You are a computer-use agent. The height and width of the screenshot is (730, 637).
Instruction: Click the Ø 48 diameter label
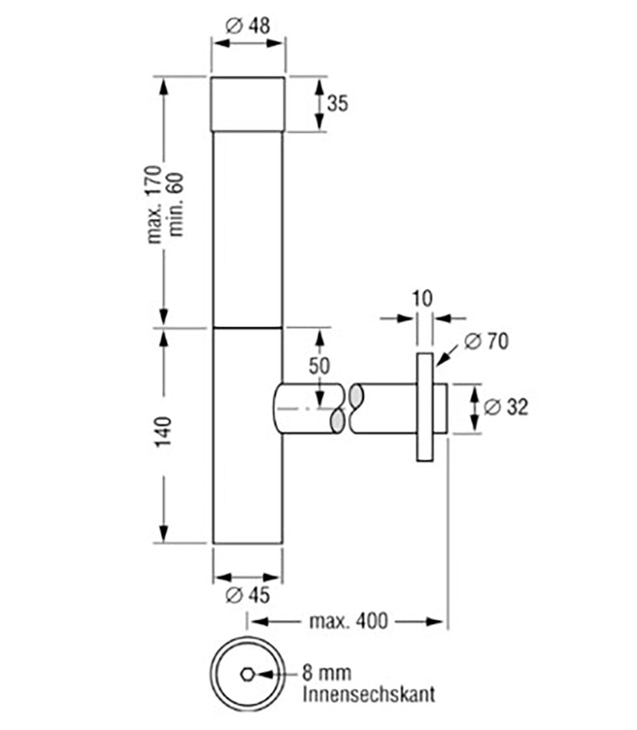click(x=248, y=25)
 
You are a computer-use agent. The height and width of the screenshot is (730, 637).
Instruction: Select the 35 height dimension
click(x=337, y=103)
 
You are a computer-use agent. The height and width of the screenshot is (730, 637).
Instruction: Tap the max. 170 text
click(x=155, y=204)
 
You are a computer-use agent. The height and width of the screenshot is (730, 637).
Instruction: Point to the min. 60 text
click(x=177, y=205)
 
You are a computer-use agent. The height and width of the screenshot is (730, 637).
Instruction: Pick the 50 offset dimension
click(x=319, y=366)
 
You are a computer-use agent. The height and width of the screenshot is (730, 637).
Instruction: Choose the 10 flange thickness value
click(x=422, y=298)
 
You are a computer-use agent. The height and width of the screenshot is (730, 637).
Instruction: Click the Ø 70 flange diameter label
click(x=486, y=341)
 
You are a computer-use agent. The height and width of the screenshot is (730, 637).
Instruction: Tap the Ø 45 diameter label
click(x=248, y=595)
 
